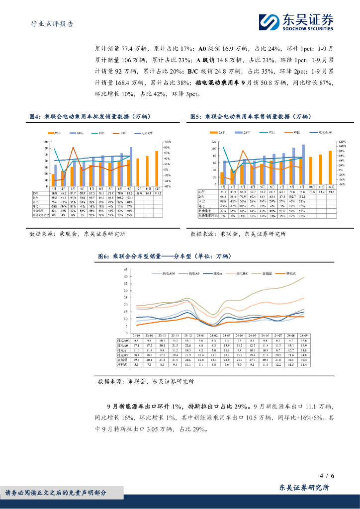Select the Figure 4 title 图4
pyautogui.click(x=34, y=117)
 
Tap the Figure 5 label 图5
pyautogui.click(x=196, y=117)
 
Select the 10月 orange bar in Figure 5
pyautogui.click(x=311, y=171)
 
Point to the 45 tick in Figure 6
pyautogui.click(x=126, y=269)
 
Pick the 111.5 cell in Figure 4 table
pyautogui.click(x=157, y=193)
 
